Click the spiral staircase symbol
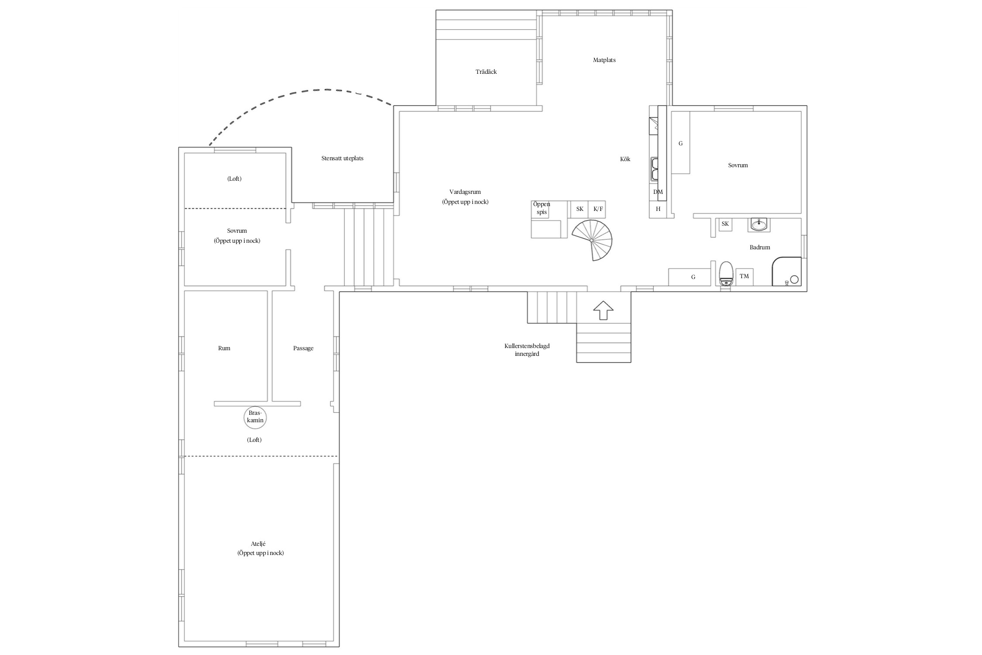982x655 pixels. pos(592,240)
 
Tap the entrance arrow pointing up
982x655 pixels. pos(603,310)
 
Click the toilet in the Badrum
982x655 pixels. pos(726,273)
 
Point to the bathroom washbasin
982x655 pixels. pos(759,224)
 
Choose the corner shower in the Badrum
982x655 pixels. pos(787,272)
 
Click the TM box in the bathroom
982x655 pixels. pos(744,276)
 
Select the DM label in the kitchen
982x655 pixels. pos(658,192)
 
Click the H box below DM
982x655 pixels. pos(658,209)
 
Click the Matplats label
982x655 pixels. pos(604,60)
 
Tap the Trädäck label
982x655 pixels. pos(486,72)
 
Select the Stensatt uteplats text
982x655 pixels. pos(342,159)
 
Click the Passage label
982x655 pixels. pos(303,348)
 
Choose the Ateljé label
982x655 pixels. pos(258,544)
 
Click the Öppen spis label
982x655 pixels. pos(542,208)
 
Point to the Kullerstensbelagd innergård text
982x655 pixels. pos(527,350)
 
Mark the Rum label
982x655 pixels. pos(224,348)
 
